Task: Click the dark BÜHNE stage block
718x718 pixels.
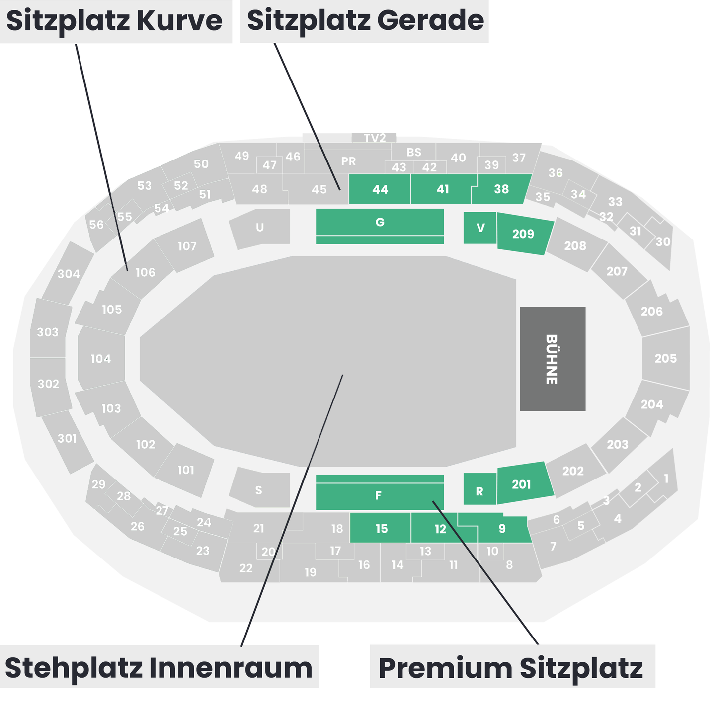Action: pyautogui.click(x=553, y=359)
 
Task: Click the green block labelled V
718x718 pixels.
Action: pyautogui.click(x=480, y=228)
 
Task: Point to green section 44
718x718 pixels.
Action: pyautogui.click(x=380, y=189)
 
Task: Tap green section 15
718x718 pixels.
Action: pyautogui.click(x=381, y=529)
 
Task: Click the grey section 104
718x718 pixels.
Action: pyautogui.click(x=101, y=359)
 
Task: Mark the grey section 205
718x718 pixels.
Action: pyautogui.click(x=666, y=358)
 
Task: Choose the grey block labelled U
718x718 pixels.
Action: pyautogui.click(x=260, y=228)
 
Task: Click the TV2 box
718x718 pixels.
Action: pyautogui.click(x=374, y=138)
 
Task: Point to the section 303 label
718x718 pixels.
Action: pyautogui.click(x=48, y=332)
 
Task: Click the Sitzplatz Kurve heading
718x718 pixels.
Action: pyautogui.click(x=115, y=21)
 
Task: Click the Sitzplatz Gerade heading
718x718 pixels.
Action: pyautogui.click(x=365, y=21)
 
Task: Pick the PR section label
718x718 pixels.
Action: pyautogui.click(x=348, y=161)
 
